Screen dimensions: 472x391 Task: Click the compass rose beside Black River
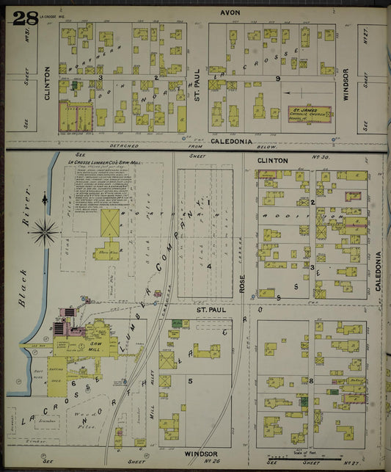point(45,233)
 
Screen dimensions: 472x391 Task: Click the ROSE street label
point(241,281)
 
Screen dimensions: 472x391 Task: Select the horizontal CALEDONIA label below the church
point(231,140)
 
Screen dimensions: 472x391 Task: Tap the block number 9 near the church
point(278,79)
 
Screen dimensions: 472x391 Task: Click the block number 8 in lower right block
point(311,380)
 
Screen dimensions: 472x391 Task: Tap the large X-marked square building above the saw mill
point(110,220)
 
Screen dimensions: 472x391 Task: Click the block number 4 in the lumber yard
point(209,266)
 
